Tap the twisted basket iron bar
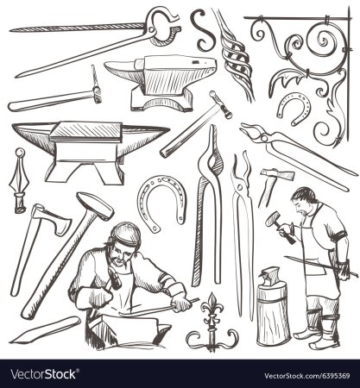coord(237,58)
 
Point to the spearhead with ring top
coord(19,181)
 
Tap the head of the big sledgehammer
coord(95,205)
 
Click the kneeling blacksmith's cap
coord(126,234)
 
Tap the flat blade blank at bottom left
coord(45,329)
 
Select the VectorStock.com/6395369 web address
coord(307,376)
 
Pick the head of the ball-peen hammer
coord(220,104)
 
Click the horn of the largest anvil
coord(32,135)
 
